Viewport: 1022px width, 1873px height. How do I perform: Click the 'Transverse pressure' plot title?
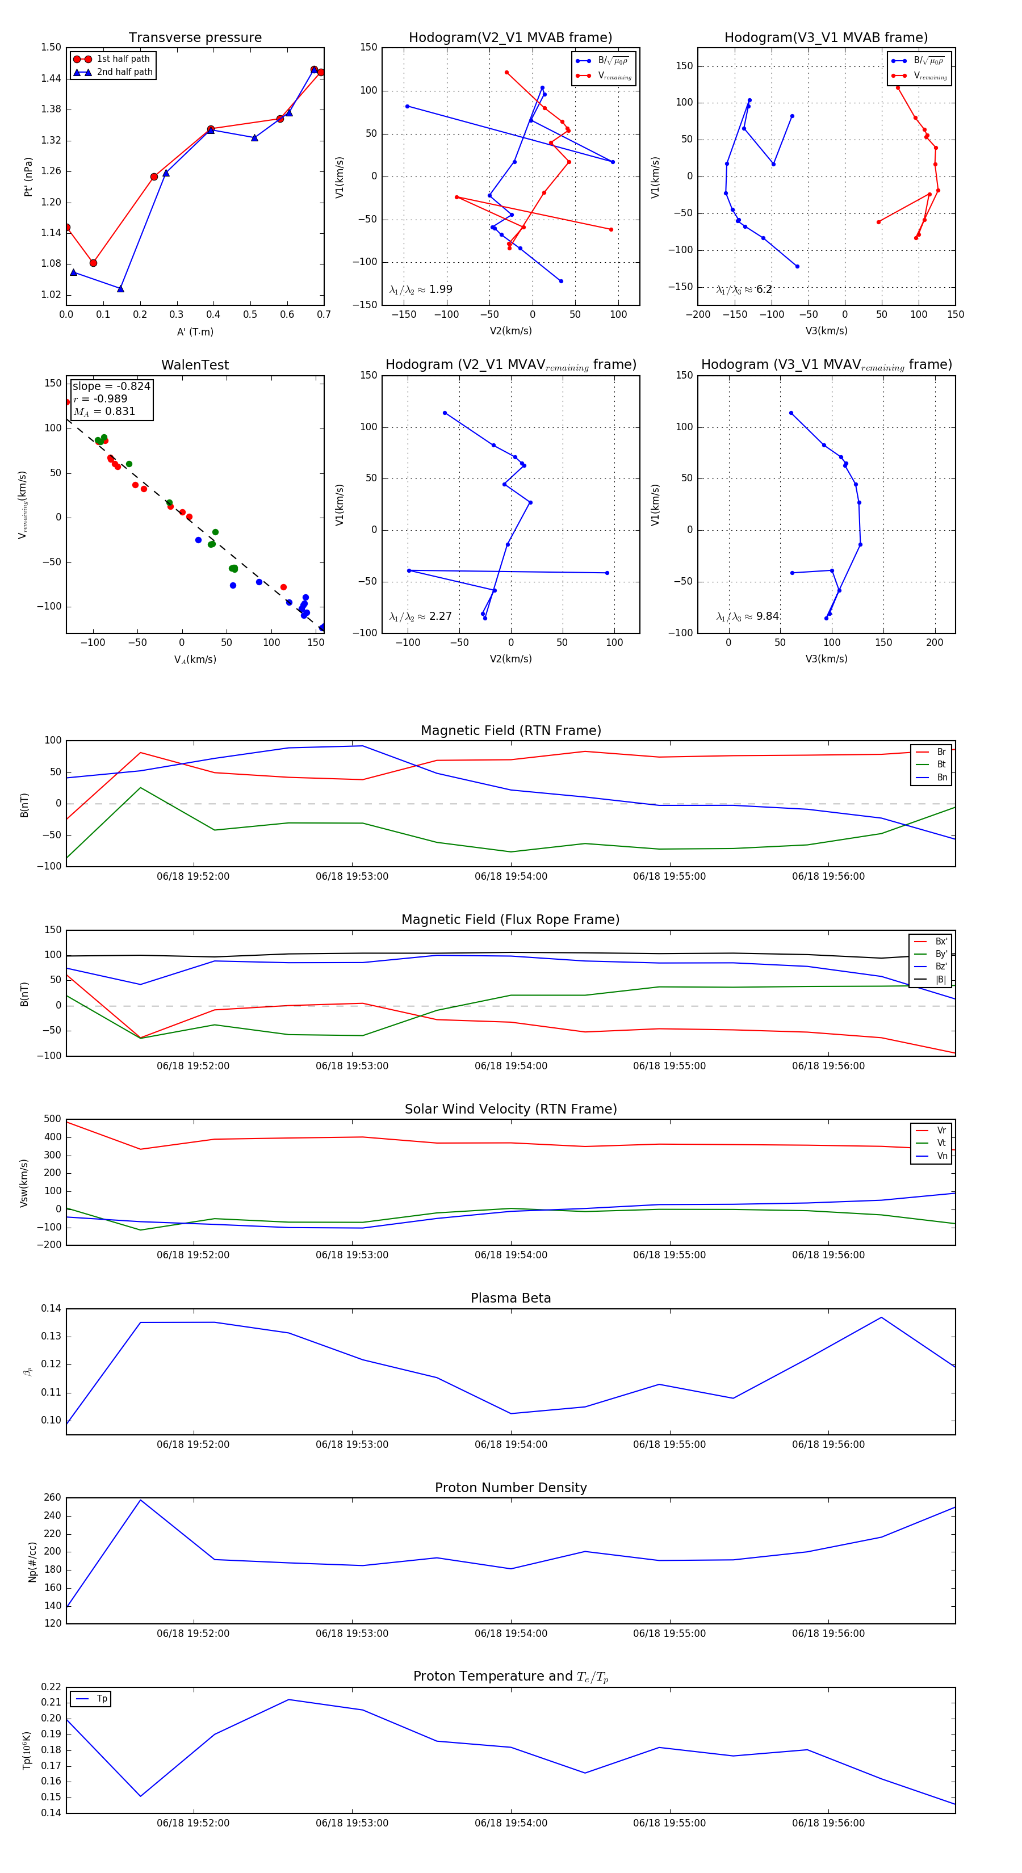coord(195,38)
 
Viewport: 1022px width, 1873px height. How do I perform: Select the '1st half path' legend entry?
coord(123,59)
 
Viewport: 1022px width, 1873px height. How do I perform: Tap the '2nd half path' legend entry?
coord(124,72)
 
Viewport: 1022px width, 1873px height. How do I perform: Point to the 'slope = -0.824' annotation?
coord(111,386)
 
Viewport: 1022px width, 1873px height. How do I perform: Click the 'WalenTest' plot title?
coord(195,365)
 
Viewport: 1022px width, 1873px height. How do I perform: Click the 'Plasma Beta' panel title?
coord(510,1298)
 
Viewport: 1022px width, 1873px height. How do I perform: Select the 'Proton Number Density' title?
coord(510,1488)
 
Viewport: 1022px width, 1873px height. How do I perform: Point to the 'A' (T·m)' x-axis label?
coord(195,331)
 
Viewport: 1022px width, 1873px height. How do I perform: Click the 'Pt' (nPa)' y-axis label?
coord(28,177)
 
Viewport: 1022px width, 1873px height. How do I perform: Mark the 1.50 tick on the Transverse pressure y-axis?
coord(51,47)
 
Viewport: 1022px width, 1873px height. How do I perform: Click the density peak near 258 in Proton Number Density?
coord(140,1500)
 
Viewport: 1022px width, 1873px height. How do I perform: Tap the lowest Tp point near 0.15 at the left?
coord(140,1796)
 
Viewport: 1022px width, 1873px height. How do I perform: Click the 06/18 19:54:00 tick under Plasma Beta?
coord(510,1444)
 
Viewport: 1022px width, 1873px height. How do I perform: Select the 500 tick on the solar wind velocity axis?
coord(52,1119)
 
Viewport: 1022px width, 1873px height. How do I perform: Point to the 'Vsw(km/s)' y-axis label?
coord(24,1183)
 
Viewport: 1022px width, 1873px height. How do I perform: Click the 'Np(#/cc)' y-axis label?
coord(32,1562)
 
